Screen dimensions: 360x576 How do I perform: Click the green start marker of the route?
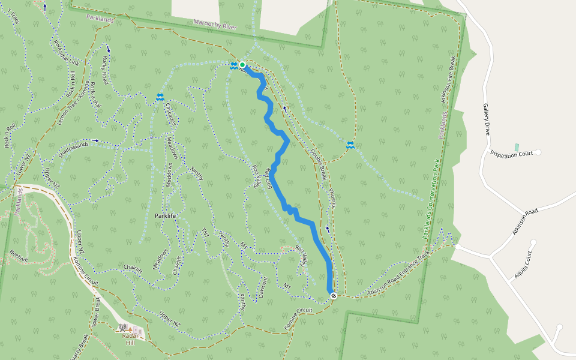[242, 65]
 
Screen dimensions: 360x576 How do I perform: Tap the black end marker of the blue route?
[332, 295]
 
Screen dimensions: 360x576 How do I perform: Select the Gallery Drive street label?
[487, 118]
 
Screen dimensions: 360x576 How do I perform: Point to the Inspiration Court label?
[511, 154]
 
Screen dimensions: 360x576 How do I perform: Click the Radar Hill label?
[130, 340]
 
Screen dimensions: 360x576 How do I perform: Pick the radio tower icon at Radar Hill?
[123, 328]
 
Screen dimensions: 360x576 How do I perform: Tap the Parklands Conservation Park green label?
[431, 199]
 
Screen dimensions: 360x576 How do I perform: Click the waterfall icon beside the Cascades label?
[160, 97]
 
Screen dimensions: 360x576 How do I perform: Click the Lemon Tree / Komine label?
[73, 102]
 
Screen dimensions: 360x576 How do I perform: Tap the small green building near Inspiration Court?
[517, 147]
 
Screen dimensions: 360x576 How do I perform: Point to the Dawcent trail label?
[265, 289]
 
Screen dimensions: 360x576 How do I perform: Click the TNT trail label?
[205, 232]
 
